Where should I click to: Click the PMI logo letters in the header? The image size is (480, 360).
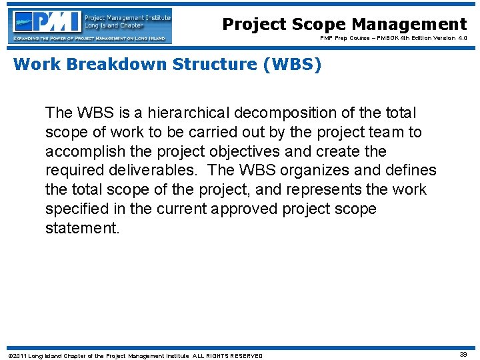[47, 21]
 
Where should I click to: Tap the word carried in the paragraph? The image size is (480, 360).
[205, 132]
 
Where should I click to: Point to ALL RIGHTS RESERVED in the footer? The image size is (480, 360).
[228, 356]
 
